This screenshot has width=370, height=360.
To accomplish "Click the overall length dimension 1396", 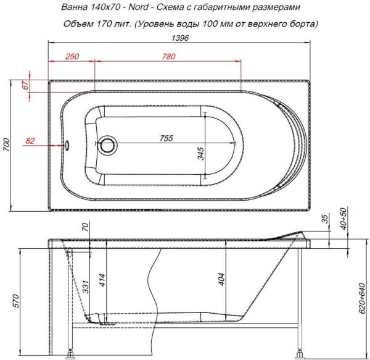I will (179, 38).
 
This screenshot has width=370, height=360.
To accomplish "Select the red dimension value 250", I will (72, 57).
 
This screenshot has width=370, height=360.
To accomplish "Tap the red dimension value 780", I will (167, 57).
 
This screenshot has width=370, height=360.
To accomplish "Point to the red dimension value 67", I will (25, 86).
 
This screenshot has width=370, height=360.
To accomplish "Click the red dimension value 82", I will (30, 141).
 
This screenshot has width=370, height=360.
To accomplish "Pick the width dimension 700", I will (7, 146).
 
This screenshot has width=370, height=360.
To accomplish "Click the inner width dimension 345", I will (200, 154).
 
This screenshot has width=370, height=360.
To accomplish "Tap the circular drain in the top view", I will (108, 146).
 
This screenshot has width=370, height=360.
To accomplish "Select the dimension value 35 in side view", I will (324, 220).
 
